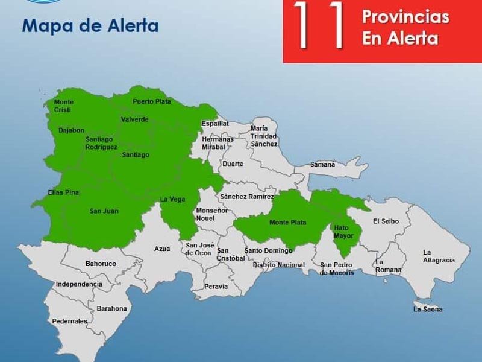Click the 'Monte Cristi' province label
[63, 106]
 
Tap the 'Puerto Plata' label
[152, 101]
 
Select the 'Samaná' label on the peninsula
[322, 164]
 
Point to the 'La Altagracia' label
[438, 256]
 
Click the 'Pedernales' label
[69, 322]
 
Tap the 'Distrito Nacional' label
[279, 265]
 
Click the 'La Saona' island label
[428, 310]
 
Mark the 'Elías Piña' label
[63, 192]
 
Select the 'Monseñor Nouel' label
[212, 214]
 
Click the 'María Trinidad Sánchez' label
[264, 136]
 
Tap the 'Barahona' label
[111, 308]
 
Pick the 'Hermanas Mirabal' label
[218, 143]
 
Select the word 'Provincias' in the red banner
[405, 17]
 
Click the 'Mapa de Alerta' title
[90, 26]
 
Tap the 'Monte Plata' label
[287, 223]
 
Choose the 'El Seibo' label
[386, 221]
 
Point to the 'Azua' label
[162, 249]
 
